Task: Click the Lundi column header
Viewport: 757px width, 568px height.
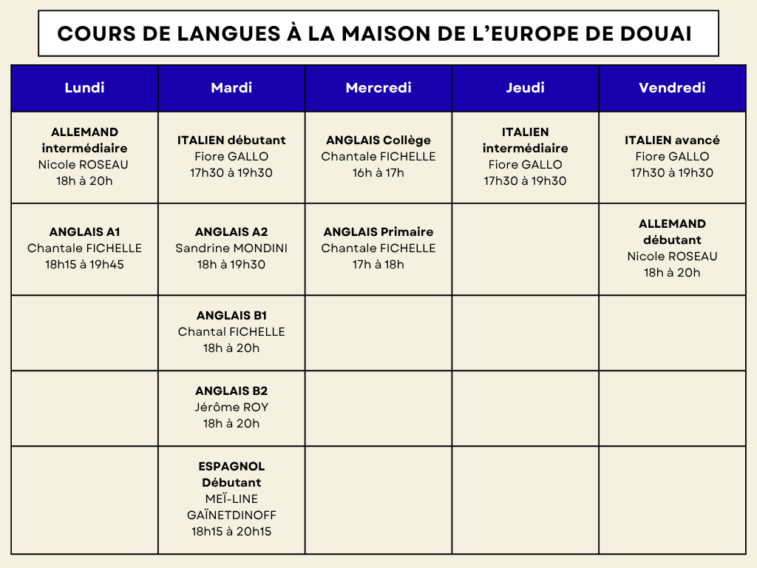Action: coord(84,88)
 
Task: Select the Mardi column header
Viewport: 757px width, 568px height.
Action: coord(231,88)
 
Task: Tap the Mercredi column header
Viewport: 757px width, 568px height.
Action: coord(378,88)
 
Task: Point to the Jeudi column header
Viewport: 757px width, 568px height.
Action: coord(525,88)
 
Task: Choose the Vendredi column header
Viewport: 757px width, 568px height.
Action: coord(672,88)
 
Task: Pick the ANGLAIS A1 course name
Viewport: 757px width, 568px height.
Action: coord(84,232)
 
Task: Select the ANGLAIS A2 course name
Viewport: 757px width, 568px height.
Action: coord(231,232)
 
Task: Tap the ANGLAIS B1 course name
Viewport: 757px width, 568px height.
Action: coord(231,316)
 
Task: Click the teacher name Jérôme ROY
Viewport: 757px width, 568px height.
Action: coord(231,408)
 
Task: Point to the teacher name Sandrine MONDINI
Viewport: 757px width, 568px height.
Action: coord(231,248)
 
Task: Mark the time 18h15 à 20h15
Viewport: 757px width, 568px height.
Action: coord(231,532)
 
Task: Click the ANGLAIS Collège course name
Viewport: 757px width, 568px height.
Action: coord(378,141)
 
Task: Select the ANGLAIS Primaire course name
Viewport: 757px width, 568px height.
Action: coord(378,232)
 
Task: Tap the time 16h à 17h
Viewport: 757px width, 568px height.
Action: coord(378,173)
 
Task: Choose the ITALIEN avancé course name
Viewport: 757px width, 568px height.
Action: coord(672,141)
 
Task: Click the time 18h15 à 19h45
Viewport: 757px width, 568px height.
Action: coord(84,265)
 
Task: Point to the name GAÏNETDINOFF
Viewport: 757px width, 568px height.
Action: coord(231,515)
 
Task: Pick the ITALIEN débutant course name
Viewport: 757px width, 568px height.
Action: coord(231,141)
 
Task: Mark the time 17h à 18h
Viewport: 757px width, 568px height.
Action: coord(378,265)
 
